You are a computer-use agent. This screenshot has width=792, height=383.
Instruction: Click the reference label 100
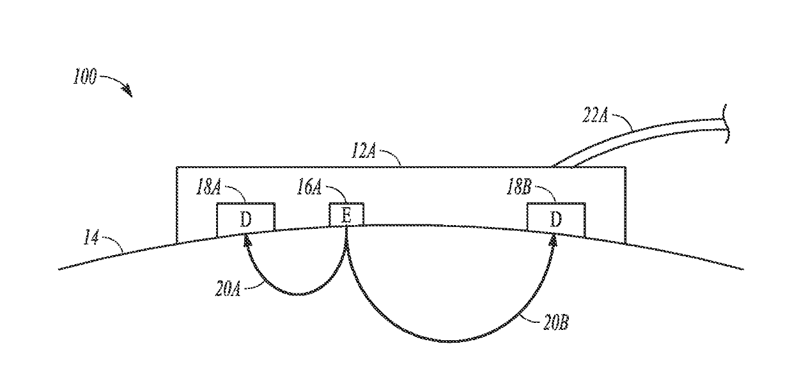pyautogui.click(x=83, y=77)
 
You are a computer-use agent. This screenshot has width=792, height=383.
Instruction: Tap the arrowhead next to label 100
pyautogui.click(x=130, y=93)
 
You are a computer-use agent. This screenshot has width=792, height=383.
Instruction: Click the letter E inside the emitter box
pyautogui.click(x=346, y=215)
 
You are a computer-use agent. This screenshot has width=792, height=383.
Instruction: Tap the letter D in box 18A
pyautogui.click(x=246, y=219)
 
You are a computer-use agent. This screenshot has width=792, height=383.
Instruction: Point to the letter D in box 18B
pyautogui.click(x=555, y=219)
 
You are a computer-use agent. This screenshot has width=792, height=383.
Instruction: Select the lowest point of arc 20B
pyautogui.click(x=449, y=341)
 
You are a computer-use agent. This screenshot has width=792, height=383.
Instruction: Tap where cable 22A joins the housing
pyautogui.click(x=563, y=166)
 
